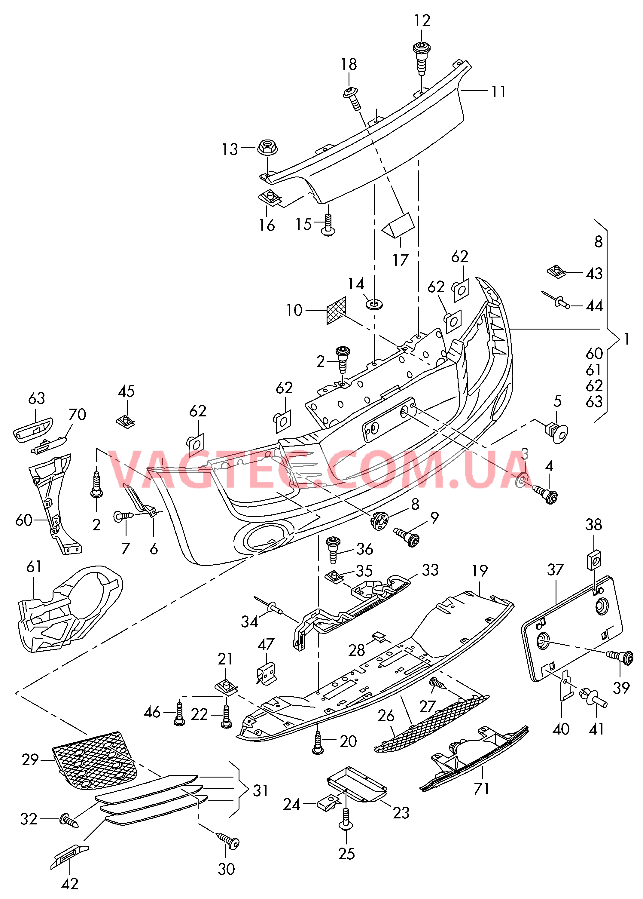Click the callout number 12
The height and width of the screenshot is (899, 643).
point(422,21)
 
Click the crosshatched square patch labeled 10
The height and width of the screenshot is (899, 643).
point(336,311)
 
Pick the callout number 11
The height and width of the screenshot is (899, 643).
point(498,92)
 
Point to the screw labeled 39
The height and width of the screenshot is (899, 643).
point(622,658)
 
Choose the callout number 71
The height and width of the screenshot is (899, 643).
point(481,788)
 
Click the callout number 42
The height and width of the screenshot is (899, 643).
point(70,884)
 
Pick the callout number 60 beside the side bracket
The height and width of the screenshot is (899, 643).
point(24,520)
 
